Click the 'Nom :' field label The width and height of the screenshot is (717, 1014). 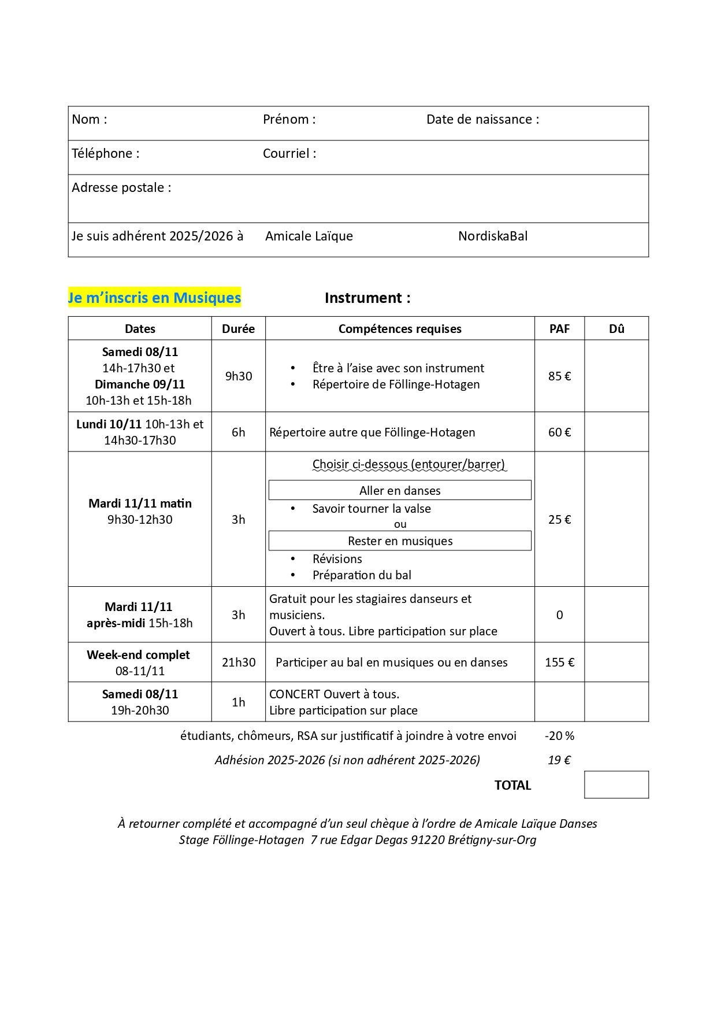[90, 120]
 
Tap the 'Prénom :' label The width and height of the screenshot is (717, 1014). [289, 120]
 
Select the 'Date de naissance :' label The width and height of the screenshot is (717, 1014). [482, 120]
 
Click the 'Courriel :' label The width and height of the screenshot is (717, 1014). [289, 154]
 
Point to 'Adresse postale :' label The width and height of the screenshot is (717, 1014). [121, 188]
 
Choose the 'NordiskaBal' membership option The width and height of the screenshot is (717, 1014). [493, 236]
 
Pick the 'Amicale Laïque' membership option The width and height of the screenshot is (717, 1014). [309, 236]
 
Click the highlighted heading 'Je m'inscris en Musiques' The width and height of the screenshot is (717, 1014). [154, 298]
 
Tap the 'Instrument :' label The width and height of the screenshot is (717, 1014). [367, 298]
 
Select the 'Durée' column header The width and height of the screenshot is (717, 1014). [238, 329]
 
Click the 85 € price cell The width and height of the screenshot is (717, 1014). [559, 376]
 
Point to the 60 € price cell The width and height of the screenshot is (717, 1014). [559, 432]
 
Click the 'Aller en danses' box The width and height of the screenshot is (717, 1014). [400, 491]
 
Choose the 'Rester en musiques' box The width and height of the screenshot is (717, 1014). [400, 541]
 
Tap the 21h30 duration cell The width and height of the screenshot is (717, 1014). [238, 663]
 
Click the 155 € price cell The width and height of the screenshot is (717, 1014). [559, 663]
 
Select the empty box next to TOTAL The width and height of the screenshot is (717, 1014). [616, 784]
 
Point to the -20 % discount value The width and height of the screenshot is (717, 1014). [559, 736]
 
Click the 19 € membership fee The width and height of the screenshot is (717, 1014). [559, 760]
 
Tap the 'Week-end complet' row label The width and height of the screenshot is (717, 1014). [139, 655]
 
